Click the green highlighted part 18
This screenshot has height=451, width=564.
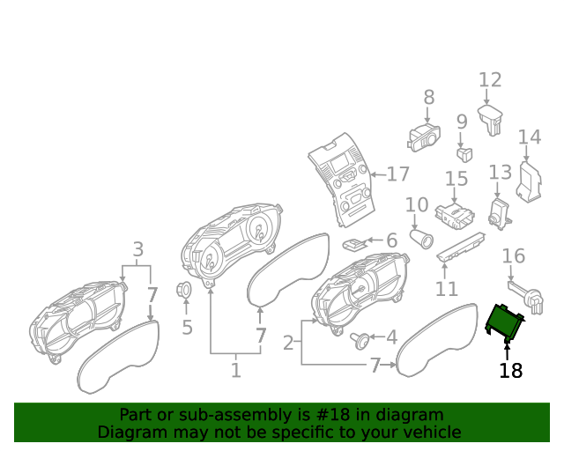click(506, 321)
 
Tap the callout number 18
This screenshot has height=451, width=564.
click(510, 371)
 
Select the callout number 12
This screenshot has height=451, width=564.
click(490, 80)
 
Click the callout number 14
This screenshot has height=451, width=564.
click(529, 137)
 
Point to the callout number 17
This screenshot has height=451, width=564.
click(398, 174)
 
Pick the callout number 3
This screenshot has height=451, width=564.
click(137, 248)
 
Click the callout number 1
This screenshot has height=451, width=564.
click(235, 370)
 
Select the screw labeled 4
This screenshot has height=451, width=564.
click(360, 339)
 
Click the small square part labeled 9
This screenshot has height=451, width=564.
click(464, 153)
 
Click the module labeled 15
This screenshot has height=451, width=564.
click(456, 214)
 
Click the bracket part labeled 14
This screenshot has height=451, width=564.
click(529, 181)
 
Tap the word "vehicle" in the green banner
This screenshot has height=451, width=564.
click(432, 432)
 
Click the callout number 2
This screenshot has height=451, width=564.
click(288, 342)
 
